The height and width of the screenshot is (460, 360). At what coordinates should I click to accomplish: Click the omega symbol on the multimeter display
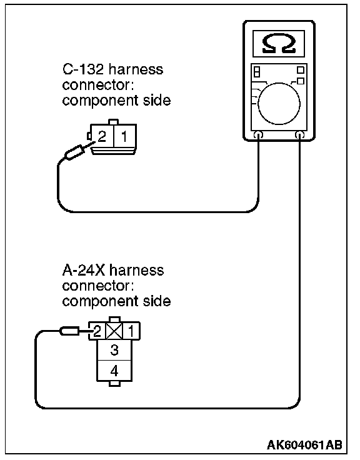coord(278,43)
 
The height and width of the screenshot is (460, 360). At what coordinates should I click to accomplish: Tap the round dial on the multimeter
coord(279,104)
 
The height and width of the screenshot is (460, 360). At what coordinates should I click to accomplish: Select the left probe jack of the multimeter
coord(258,135)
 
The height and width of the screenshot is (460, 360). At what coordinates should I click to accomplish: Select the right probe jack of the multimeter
coord(299,135)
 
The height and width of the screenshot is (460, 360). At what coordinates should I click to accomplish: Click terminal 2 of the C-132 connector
coord(102,136)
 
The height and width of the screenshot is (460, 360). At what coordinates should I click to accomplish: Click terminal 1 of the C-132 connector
coord(124,136)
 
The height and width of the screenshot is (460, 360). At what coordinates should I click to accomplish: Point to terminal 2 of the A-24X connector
coord(97,331)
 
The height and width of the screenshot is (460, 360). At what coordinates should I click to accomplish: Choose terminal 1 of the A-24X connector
coord(131,331)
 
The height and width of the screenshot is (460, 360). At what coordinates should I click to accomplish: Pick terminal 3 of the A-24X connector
coord(114,350)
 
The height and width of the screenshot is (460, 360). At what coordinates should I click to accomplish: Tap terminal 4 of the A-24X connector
coord(114,371)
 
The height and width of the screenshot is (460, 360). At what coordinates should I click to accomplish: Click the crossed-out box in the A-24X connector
coord(114,331)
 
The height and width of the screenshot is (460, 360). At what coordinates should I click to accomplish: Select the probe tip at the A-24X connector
coord(86,331)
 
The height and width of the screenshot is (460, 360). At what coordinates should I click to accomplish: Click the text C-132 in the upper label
coord(83,69)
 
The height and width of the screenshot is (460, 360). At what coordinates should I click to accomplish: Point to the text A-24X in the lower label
coord(83,270)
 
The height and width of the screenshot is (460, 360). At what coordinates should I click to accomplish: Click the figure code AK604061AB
coord(304,445)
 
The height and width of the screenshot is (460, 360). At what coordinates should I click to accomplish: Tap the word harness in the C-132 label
coord(136,69)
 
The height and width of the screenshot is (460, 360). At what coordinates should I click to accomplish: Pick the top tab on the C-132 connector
coord(114,122)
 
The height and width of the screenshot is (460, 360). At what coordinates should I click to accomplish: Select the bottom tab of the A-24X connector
coord(114,384)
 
